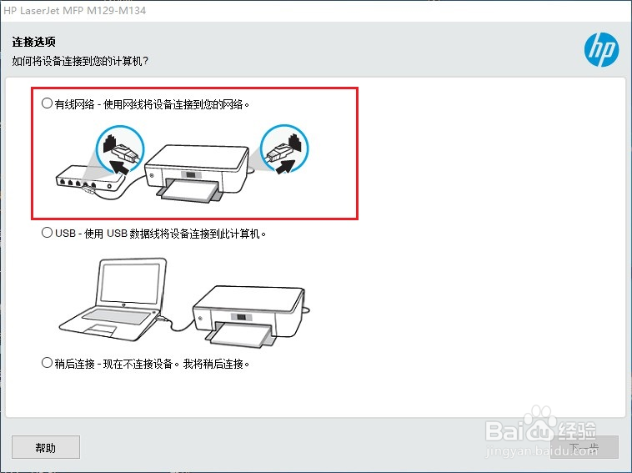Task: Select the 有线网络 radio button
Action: coord(47,104)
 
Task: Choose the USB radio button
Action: coord(47,234)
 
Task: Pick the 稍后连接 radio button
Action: coord(47,363)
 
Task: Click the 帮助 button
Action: coord(46,447)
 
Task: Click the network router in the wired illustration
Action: coord(83,179)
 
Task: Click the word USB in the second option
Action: coord(66,234)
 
